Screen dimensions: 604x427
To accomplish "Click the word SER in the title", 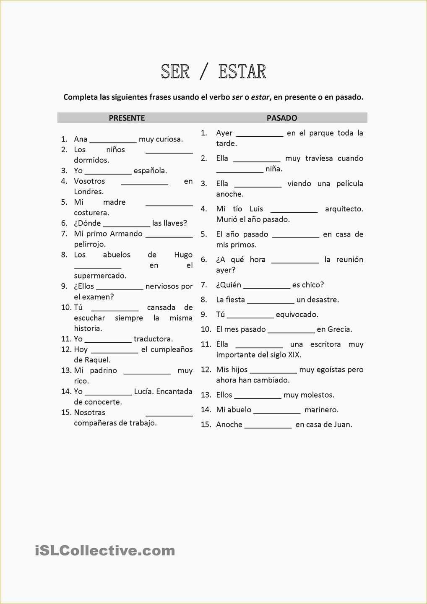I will (x=175, y=72).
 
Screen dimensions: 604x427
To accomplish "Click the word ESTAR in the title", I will (x=242, y=72).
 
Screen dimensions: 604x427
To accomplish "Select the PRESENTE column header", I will (x=127, y=118).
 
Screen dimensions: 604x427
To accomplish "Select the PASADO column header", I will (x=282, y=118).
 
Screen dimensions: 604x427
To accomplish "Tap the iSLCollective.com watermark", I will (x=105, y=550).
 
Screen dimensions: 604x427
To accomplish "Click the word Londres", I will (x=89, y=192).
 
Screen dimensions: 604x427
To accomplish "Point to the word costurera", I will (x=91, y=213).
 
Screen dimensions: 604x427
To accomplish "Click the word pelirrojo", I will (x=90, y=244).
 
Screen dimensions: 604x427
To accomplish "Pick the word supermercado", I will (x=100, y=276).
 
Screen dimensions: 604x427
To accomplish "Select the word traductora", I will (x=153, y=339).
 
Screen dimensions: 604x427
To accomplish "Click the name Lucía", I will (x=143, y=391).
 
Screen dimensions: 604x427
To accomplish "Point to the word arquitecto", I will (x=344, y=209).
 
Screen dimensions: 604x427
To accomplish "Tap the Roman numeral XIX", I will (x=294, y=355).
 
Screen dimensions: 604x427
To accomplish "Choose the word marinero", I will (x=321, y=410).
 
